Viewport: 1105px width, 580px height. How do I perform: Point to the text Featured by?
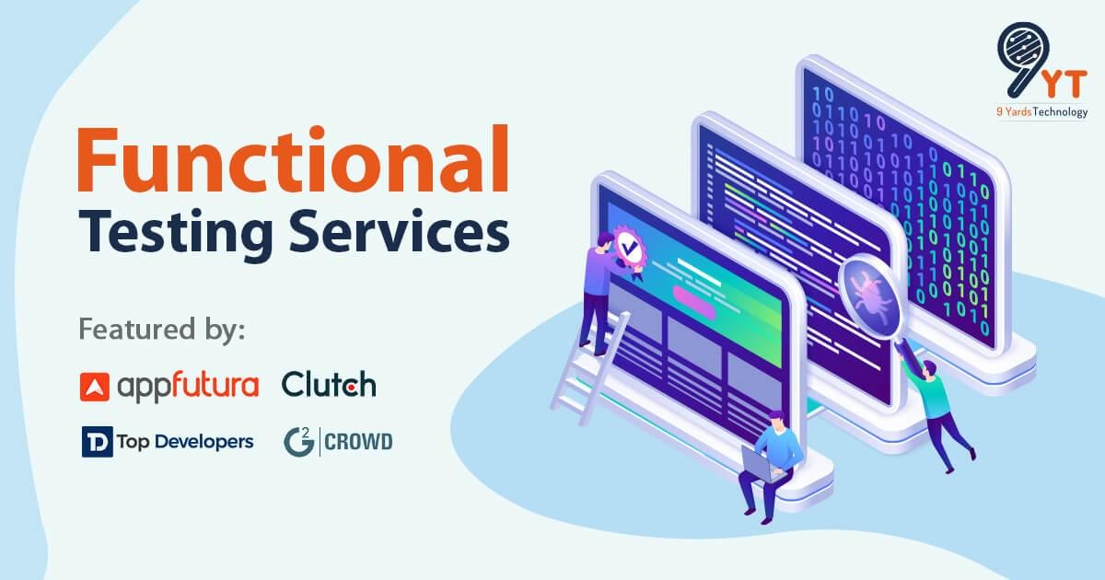(163, 329)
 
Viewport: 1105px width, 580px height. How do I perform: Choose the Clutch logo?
(329, 384)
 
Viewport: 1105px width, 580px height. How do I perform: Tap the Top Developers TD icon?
(96, 442)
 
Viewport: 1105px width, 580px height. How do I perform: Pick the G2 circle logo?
(297, 442)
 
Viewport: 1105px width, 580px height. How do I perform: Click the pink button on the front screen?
(696, 296)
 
